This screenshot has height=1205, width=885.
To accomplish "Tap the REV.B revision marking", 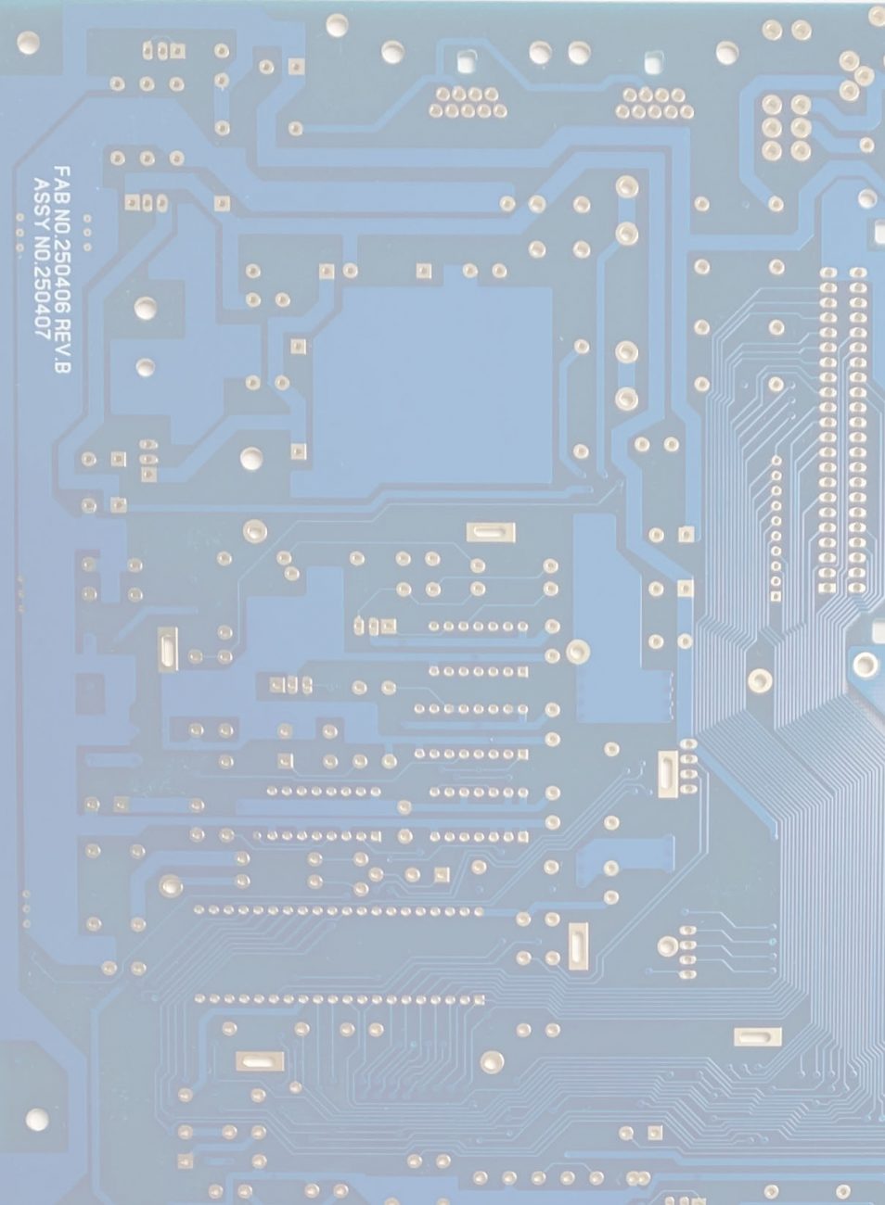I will click(x=62, y=357).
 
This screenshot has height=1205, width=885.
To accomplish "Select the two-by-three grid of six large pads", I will click(x=786, y=127).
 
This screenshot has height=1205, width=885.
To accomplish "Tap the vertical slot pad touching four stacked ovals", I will click(x=667, y=775).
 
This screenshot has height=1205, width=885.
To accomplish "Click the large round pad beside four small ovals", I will click(x=667, y=945).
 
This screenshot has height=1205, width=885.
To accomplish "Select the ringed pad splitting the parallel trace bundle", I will click(x=760, y=679).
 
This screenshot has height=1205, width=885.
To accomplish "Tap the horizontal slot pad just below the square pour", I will click(x=491, y=532).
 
